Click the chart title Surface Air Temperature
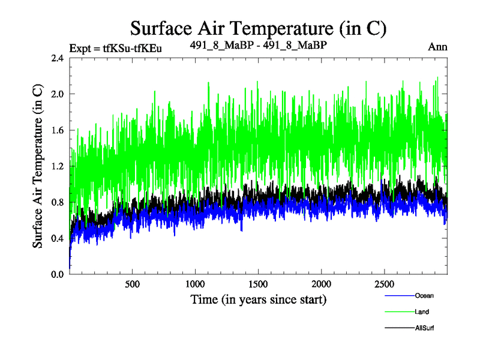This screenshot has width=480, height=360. [258, 28]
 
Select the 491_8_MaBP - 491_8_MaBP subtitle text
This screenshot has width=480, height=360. [258, 46]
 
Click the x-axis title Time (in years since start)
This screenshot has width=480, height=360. [258, 299]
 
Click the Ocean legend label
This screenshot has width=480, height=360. [424, 295]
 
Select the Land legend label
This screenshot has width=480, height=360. [421, 312]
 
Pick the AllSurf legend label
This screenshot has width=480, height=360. [424, 328]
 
